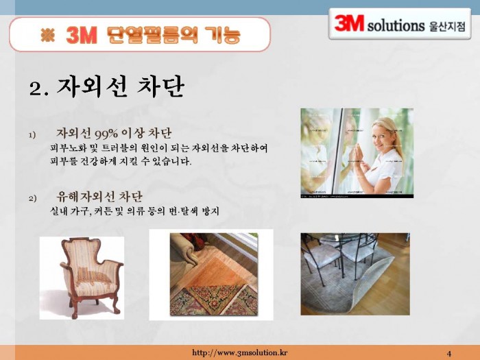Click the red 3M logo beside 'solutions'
[x=349, y=23]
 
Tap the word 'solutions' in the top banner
[x=396, y=25]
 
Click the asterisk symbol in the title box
[x=48, y=35]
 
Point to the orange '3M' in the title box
[x=82, y=36]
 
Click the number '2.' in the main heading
[x=39, y=88]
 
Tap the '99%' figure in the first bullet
[x=106, y=134]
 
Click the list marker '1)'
[x=32, y=135]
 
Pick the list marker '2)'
[x=33, y=199]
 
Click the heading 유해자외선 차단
[x=99, y=197]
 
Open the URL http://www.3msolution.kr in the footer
[x=240, y=352]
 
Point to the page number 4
[x=449, y=354]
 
